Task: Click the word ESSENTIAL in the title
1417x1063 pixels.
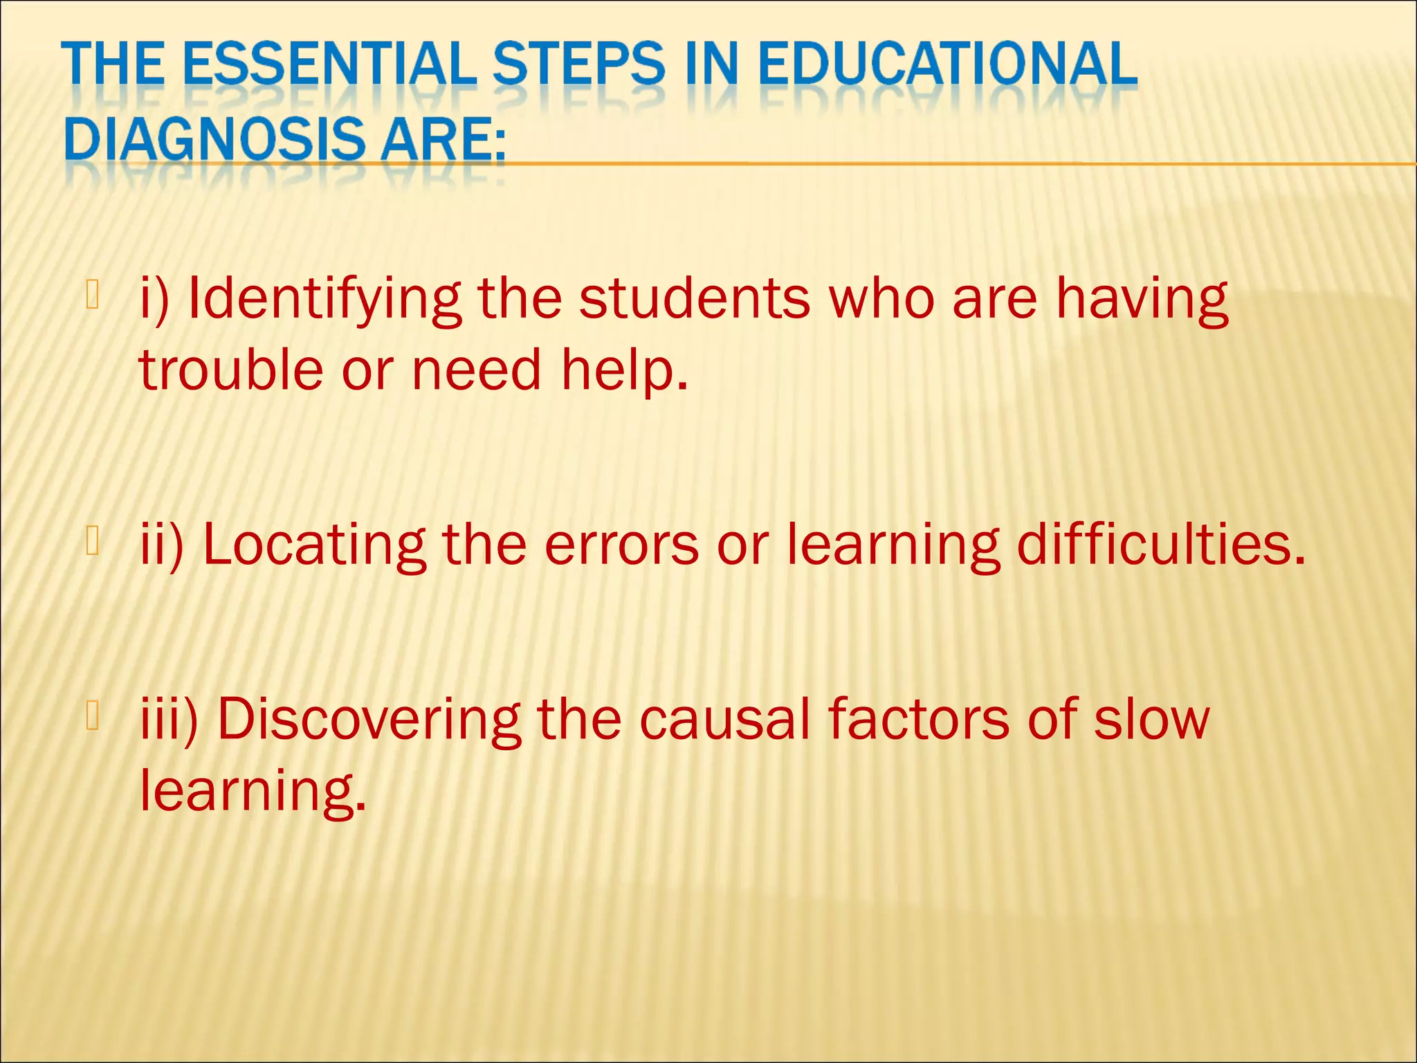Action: (329, 66)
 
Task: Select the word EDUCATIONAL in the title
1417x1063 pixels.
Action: (947, 66)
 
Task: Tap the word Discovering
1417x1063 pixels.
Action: (369, 720)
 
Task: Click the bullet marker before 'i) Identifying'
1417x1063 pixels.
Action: (93, 293)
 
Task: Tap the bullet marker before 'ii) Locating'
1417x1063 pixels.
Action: (93, 540)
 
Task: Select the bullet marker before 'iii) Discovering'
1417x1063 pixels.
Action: (93, 715)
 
